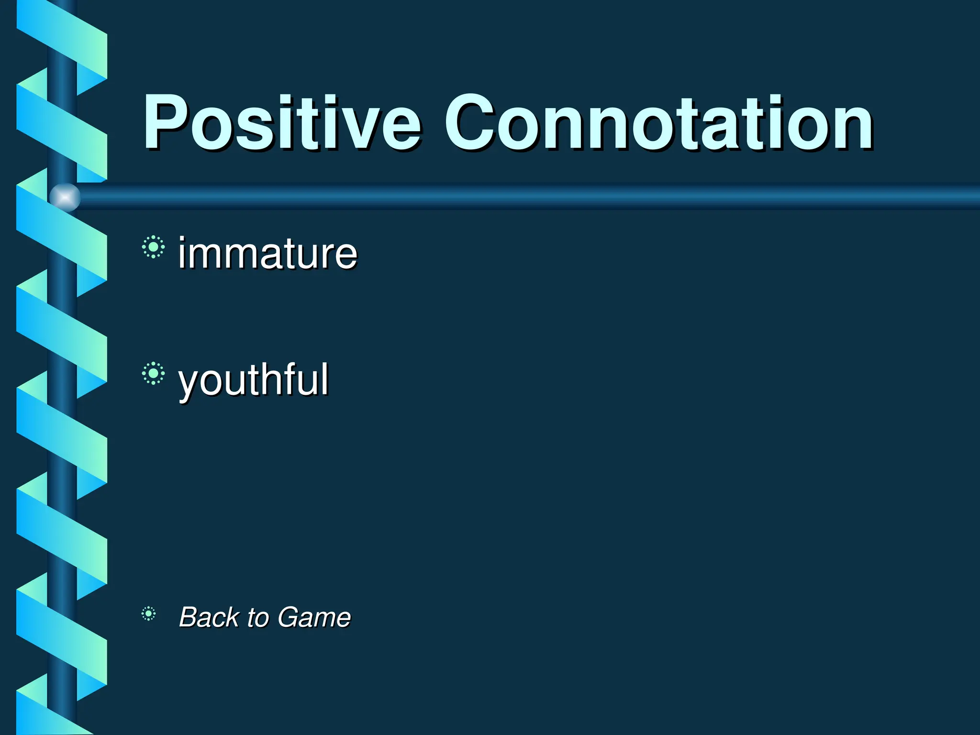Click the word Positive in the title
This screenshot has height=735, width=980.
point(282,123)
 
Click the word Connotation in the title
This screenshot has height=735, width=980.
point(658,123)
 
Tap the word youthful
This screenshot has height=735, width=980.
point(253,380)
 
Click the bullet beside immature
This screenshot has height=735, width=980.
point(153,247)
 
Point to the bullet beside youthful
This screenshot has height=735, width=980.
point(153,373)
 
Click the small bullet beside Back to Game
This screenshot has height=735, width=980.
point(148,613)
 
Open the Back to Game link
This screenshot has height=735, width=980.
point(265,617)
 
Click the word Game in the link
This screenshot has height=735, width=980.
point(314,617)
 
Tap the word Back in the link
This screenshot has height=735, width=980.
point(209,617)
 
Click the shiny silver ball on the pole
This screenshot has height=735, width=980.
point(65,197)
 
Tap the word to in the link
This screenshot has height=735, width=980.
point(257,617)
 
